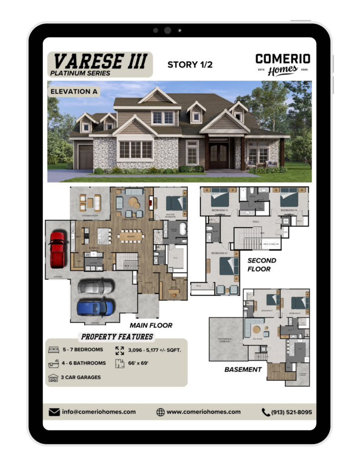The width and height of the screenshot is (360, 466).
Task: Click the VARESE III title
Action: pos(100,61)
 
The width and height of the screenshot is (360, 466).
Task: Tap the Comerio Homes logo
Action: pos(283,64)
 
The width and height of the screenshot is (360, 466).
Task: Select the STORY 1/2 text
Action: pos(190,65)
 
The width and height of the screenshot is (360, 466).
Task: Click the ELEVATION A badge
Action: pos(74,91)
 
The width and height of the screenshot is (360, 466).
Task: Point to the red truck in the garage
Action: pos(57,249)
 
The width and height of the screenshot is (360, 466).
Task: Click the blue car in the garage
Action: pos(95,307)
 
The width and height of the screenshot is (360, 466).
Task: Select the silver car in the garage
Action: pos(95,287)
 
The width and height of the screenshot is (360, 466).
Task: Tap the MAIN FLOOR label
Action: pos(151,325)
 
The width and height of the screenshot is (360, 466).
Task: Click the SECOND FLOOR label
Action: pos(261,265)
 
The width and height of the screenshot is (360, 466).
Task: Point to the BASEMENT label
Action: pos(243,370)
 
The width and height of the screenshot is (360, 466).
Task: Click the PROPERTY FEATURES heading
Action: pos(117,337)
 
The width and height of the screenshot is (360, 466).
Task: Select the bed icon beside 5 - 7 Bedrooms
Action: pos(54,350)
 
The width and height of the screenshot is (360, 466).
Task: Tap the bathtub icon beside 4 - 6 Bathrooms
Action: pos(54,364)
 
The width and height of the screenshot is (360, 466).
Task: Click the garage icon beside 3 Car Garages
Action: pos(54,378)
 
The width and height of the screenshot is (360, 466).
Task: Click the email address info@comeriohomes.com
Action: pos(99,412)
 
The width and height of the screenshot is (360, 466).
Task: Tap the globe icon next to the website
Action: pos(160,412)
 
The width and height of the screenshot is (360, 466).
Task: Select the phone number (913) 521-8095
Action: pos(291,412)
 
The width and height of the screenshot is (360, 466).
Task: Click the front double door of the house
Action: pos(218,156)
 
